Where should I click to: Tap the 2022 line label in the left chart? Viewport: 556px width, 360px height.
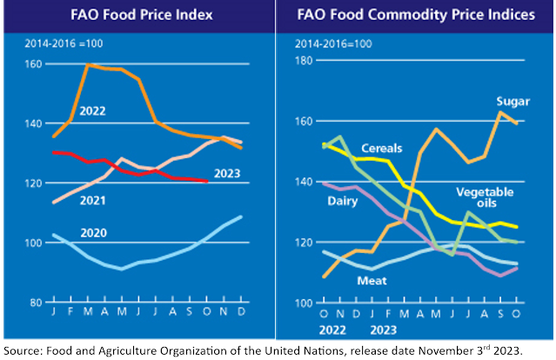(92, 111)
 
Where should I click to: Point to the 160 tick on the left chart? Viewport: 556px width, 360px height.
(34, 63)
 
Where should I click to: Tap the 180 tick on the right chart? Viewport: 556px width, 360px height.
(305, 60)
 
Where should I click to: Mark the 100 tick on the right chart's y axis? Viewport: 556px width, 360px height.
(305, 302)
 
